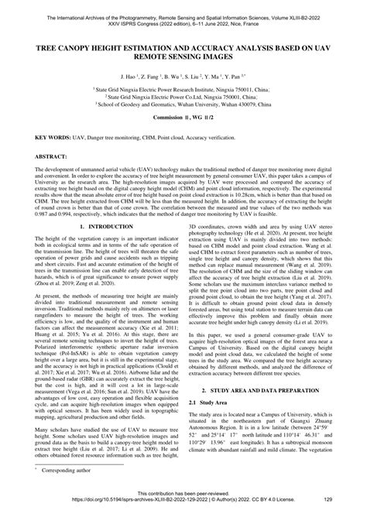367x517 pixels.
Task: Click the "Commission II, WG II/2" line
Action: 183,115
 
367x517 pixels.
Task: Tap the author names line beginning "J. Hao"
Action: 183,78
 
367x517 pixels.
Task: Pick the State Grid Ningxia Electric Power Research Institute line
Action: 183,90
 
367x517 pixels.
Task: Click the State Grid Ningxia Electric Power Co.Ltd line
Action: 183,96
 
